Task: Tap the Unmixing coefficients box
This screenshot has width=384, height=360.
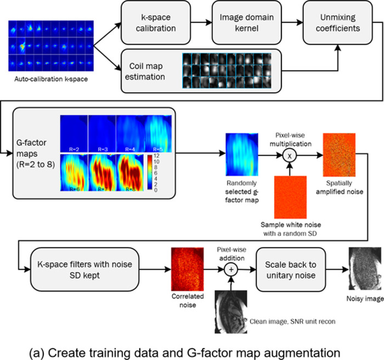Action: (x=341, y=25)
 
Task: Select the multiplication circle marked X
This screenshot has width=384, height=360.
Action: (x=293, y=155)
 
